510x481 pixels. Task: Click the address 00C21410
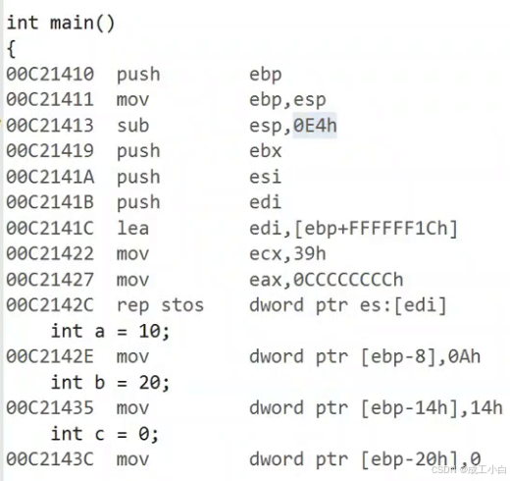(x=50, y=74)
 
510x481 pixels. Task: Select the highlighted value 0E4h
(x=315, y=126)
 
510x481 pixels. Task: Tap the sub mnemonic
(x=133, y=126)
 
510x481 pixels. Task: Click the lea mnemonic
(x=132, y=228)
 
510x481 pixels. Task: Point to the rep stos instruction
(x=160, y=305)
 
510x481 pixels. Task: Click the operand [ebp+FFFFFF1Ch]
(x=376, y=228)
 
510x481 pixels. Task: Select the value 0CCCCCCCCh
(x=348, y=280)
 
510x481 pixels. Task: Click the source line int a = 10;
(x=110, y=331)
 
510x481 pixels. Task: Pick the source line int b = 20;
(x=110, y=383)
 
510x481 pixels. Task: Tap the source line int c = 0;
(x=105, y=434)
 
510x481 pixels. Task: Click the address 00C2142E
(x=50, y=356)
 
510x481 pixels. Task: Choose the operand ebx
(x=265, y=151)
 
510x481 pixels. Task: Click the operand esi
(x=265, y=177)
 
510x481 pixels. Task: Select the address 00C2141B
(x=50, y=202)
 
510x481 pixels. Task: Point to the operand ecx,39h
(x=287, y=254)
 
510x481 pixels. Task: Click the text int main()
(x=61, y=24)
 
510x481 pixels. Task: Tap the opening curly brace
(x=11, y=49)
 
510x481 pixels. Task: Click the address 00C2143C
(x=50, y=459)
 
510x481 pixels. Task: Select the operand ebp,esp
(x=287, y=100)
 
